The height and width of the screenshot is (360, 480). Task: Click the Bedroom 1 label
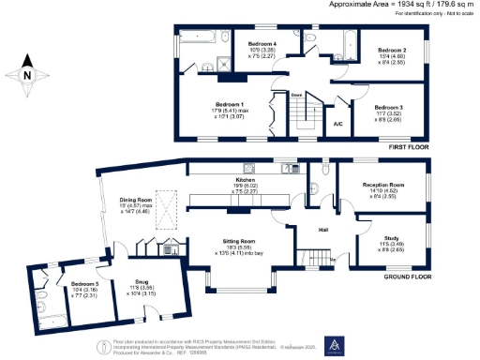pos(230,103)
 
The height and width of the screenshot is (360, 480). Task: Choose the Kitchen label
pos(245,178)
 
